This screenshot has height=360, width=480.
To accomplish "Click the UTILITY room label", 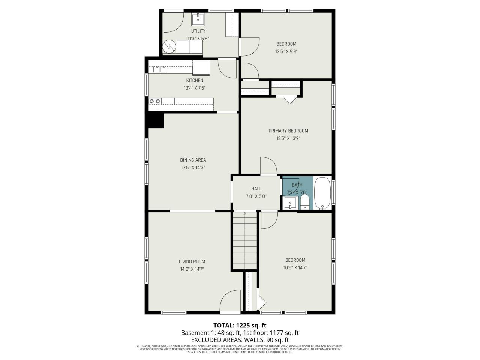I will [x=198, y=31].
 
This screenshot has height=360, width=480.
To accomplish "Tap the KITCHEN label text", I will [x=195, y=80].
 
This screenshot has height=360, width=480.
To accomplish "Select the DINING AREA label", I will [x=193, y=160].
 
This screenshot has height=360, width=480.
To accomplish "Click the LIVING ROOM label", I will [x=192, y=261].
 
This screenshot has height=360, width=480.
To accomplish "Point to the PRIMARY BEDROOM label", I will [x=288, y=131].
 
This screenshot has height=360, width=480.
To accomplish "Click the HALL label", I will [x=256, y=189].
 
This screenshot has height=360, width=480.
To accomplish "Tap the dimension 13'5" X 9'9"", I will [x=286, y=52].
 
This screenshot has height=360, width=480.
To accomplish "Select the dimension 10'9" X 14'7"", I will [x=295, y=268].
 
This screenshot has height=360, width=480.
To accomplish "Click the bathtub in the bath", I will [x=321, y=193].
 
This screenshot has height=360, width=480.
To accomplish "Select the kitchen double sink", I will [x=160, y=69].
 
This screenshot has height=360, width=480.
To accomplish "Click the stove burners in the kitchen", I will [x=155, y=101].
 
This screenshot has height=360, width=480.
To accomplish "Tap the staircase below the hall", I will [x=245, y=240].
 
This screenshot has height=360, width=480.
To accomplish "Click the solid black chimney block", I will [x=156, y=121].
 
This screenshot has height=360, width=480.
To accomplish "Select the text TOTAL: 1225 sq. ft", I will [x=240, y=325].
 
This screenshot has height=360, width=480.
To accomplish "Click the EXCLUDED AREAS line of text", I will [x=240, y=340].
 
